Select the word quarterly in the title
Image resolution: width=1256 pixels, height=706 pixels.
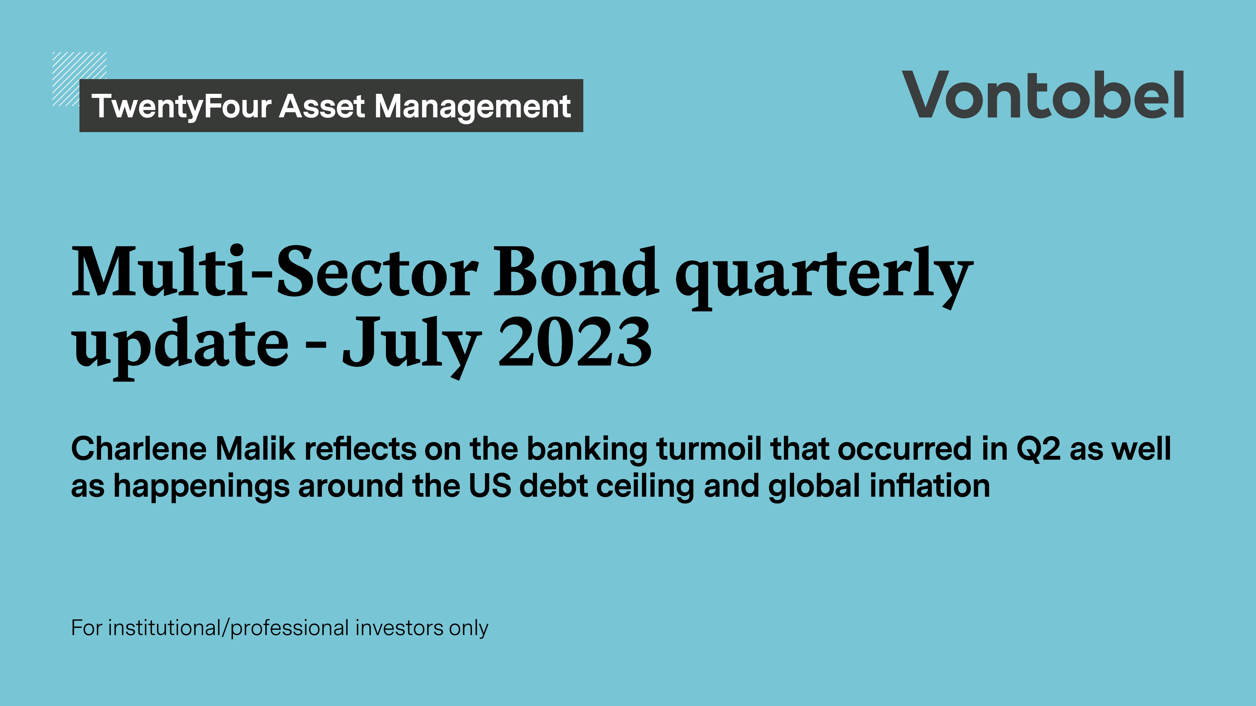pos(824,275)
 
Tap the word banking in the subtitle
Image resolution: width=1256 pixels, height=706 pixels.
pos(587,449)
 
